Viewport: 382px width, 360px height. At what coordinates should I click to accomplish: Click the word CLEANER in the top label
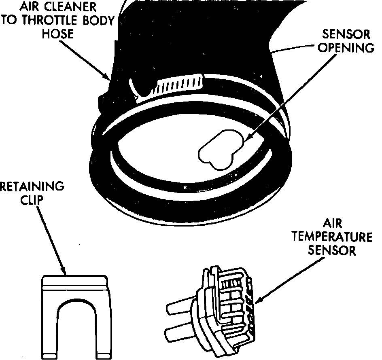click(x=71, y=7)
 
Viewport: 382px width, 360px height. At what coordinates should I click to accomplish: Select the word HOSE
click(x=58, y=34)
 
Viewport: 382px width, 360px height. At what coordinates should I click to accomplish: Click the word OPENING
click(x=346, y=48)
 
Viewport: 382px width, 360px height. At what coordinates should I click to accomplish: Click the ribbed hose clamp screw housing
click(x=178, y=84)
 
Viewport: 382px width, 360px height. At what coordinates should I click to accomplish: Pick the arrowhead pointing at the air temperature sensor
click(x=257, y=301)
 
